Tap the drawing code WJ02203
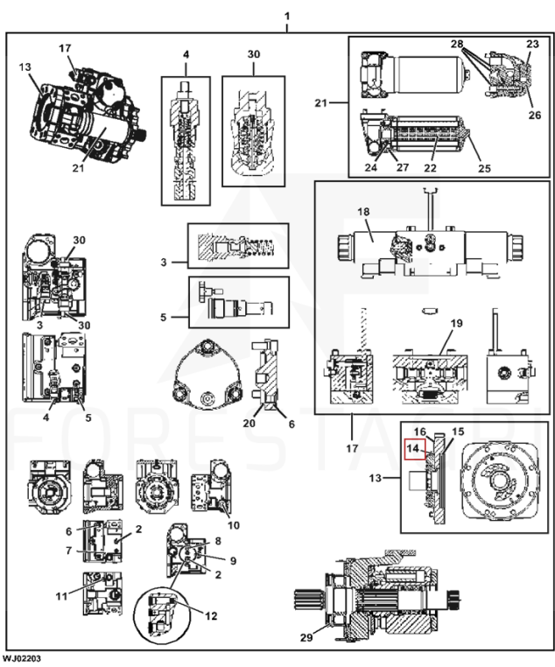(x=20, y=656)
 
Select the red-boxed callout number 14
(x=414, y=449)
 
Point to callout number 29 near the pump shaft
(x=306, y=637)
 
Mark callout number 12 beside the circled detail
(x=210, y=615)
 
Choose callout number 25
(x=483, y=168)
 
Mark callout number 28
(x=456, y=43)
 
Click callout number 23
(x=532, y=43)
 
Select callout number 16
(x=419, y=432)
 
